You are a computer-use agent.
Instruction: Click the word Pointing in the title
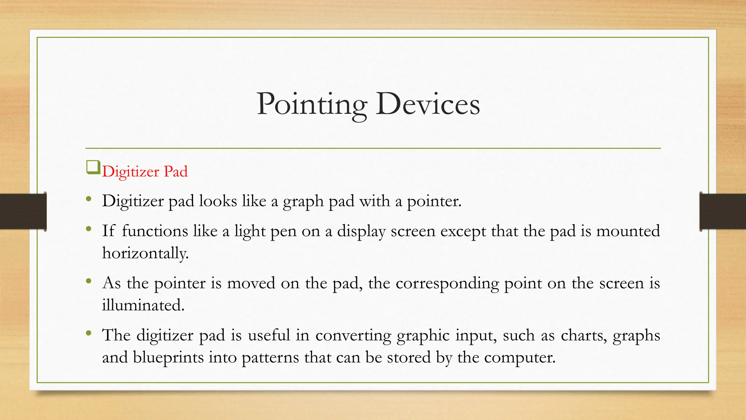pos(311,105)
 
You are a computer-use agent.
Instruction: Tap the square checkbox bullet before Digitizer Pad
pos(93,168)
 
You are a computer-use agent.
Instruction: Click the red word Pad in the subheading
pos(176,172)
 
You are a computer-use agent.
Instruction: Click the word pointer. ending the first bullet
pos(434,201)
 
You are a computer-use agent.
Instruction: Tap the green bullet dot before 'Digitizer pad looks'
pos(89,199)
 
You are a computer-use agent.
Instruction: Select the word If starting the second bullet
pos(108,231)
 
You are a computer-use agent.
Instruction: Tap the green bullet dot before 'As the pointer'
pos(89,281)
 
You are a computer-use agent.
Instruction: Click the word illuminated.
pos(143,305)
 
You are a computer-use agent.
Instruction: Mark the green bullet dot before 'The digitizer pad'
pos(89,333)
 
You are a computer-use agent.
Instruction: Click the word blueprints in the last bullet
pos(168,357)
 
